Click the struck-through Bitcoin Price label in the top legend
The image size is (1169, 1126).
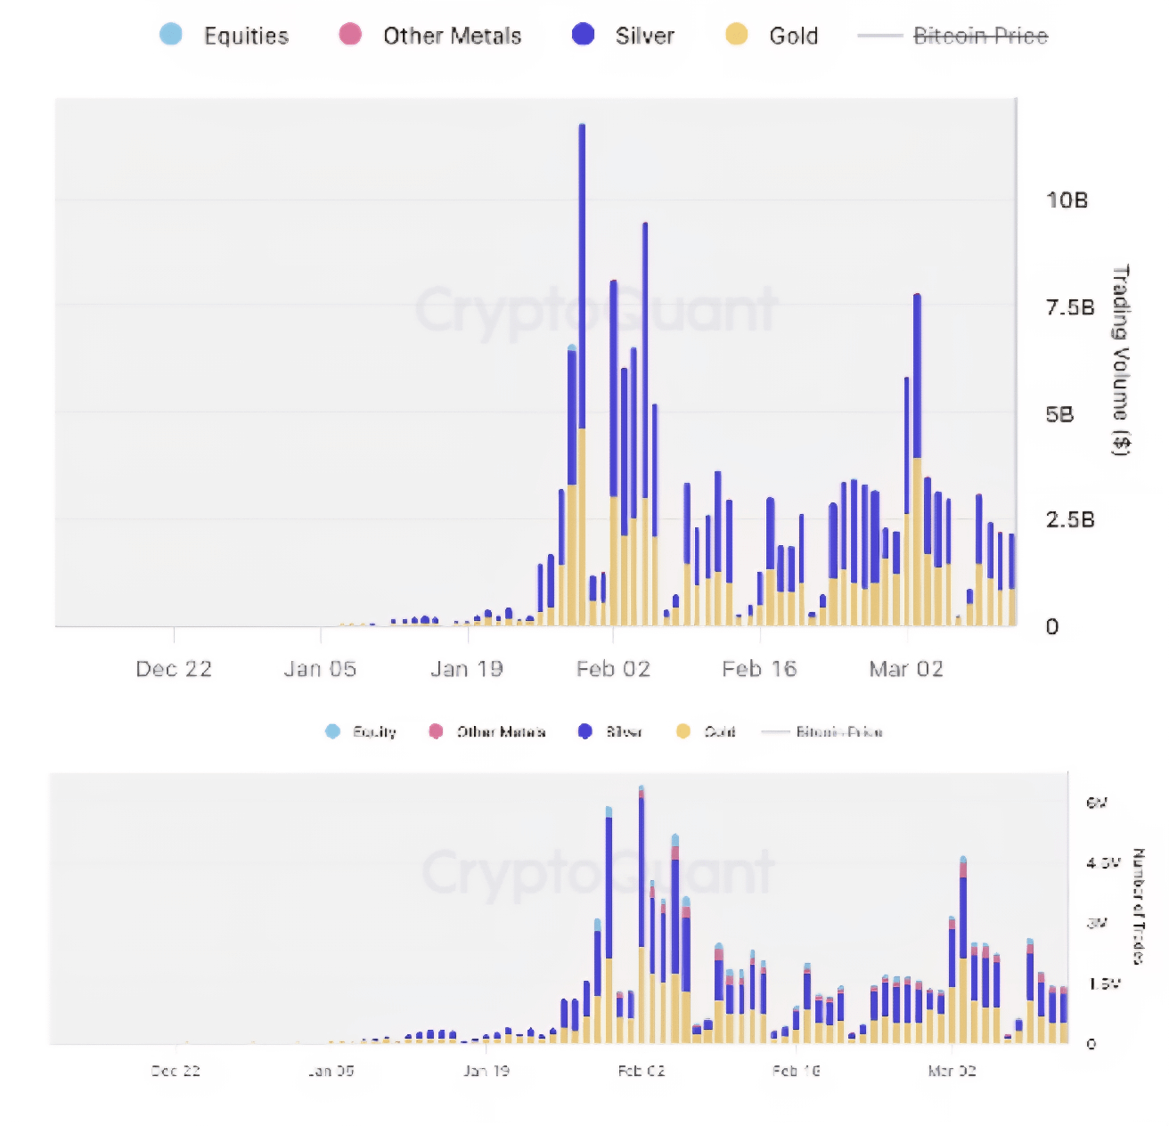980,36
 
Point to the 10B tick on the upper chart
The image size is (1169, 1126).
1067,200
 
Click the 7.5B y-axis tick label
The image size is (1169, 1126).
1069,308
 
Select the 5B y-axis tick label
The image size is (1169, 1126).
1059,415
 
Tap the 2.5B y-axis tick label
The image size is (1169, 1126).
1069,520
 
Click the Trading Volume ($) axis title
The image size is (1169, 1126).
1121,360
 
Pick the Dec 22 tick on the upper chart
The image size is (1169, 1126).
174,669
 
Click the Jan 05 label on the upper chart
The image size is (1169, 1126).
320,669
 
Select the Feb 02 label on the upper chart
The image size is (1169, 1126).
613,669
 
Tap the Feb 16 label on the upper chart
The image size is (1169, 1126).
759,669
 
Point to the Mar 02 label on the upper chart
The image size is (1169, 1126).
906,669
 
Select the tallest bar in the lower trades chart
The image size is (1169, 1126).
642,918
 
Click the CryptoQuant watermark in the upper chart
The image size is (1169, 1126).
596,310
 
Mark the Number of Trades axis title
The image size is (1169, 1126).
1138,906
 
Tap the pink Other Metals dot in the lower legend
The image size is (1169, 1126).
436,731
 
